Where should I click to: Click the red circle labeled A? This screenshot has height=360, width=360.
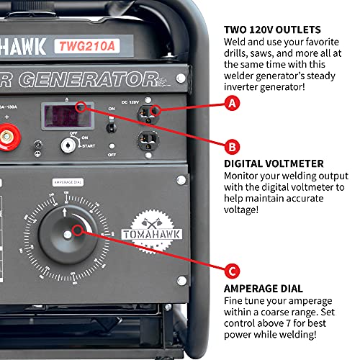click(x=231, y=104)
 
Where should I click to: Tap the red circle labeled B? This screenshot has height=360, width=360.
click(x=231, y=147)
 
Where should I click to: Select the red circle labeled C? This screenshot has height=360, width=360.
click(x=231, y=271)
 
